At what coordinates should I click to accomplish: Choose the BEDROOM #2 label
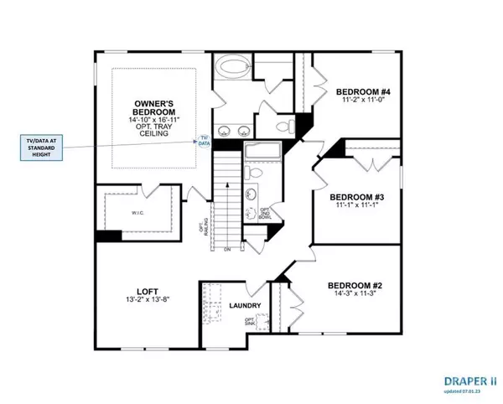point(351,285)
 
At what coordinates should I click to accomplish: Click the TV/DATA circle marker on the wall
point(204,140)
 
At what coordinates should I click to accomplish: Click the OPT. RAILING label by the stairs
point(203,229)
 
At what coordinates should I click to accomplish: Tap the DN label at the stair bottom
point(226,249)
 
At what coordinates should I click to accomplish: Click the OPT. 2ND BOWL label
point(264,214)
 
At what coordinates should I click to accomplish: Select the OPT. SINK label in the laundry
point(248,323)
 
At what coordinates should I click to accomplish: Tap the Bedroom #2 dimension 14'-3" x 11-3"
point(351,295)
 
